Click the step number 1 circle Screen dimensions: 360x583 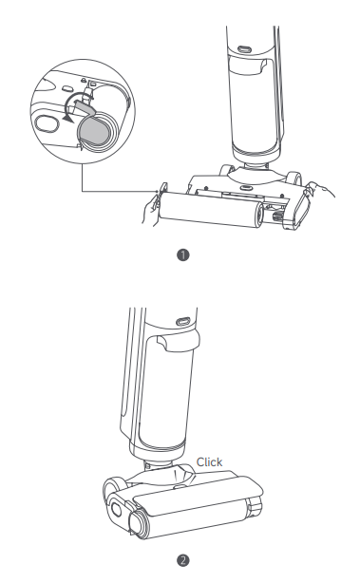point(183,255)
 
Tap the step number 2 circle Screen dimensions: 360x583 point(183,560)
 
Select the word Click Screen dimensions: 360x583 point(209,462)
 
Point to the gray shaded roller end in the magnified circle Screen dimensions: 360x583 point(92,131)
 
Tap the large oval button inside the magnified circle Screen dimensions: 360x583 point(47,123)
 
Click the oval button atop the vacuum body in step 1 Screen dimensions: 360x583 point(244,49)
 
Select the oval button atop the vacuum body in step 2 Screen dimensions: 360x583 point(182,321)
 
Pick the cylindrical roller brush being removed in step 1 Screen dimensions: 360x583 point(211,209)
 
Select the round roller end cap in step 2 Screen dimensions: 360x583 point(139,522)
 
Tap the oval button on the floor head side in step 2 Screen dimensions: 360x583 point(116,509)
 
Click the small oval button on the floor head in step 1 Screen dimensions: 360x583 point(244,187)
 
